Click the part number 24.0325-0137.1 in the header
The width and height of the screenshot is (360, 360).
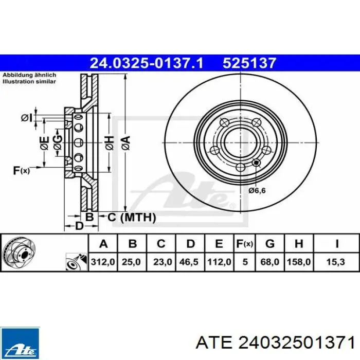[147, 63]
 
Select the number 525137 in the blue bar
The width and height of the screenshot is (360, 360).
[249, 63]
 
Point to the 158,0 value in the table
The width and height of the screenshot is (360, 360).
[299, 262]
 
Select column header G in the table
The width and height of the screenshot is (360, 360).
[269, 243]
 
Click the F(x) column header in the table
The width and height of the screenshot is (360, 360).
[245, 243]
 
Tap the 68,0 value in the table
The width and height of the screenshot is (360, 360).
[269, 262]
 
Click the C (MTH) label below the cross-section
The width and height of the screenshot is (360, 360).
[131, 218]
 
